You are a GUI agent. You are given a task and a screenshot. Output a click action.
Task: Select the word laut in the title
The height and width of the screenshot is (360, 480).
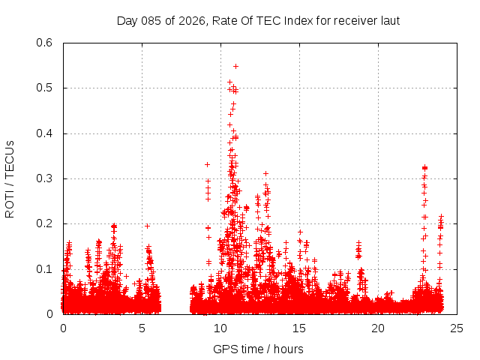(388, 20)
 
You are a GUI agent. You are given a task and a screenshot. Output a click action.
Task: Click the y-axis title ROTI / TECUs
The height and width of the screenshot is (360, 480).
(10, 178)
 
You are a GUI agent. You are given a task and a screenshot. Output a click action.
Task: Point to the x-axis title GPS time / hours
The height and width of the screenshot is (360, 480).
(258, 349)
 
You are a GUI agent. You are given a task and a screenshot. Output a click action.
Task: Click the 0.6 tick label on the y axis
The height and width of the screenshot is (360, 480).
(45, 43)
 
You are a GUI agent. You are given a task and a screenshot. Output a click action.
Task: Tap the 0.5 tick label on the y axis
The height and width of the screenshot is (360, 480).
(45, 88)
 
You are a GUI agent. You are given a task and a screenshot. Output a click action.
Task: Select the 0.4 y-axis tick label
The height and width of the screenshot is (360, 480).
(45, 133)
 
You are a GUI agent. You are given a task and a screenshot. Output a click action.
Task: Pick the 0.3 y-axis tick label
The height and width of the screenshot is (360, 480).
(45, 178)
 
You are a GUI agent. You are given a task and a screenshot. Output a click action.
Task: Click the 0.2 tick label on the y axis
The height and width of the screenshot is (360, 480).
(45, 223)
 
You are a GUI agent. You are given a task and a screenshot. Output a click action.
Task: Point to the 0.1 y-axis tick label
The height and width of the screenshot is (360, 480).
(45, 269)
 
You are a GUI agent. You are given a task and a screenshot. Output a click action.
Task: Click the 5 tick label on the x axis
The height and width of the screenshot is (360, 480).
(142, 328)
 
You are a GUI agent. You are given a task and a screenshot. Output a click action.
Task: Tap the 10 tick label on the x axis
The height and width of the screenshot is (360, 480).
(220, 328)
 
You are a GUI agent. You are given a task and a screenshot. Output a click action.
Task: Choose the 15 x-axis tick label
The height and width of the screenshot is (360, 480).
(299, 328)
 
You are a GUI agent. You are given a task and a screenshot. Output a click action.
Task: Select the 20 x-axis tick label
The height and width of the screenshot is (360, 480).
(378, 328)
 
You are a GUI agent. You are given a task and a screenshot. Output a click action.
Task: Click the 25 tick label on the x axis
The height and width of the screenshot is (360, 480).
(457, 328)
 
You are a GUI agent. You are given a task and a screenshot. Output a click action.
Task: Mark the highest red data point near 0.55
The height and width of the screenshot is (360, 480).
(235, 66)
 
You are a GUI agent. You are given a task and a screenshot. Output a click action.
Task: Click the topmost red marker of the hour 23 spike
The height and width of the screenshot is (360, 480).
(424, 167)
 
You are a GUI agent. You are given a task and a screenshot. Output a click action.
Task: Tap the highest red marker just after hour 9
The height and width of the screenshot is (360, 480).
(208, 164)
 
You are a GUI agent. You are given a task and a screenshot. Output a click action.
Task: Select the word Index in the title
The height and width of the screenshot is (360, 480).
(277, 20)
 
